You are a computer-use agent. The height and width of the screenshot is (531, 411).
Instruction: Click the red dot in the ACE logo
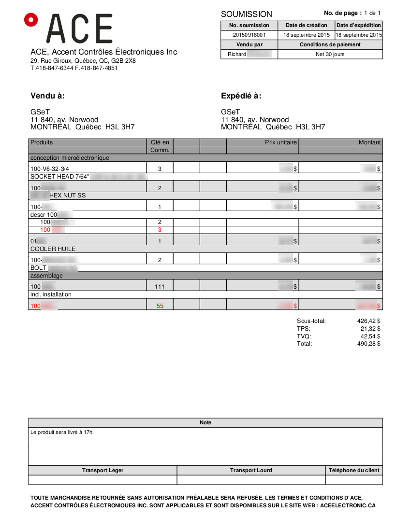pyautogui.click(x=31, y=19)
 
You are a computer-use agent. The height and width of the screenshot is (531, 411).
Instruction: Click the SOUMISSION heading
pyautogui.click(x=247, y=14)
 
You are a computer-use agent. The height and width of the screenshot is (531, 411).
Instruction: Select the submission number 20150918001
pyautogui.click(x=249, y=35)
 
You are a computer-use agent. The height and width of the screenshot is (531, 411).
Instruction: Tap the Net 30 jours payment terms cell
pyautogui.click(x=330, y=54)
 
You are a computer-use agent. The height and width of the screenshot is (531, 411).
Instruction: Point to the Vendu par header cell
pyautogui.click(x=249, y=44)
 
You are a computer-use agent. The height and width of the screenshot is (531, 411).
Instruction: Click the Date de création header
pyautogui.click(x=306, y=25)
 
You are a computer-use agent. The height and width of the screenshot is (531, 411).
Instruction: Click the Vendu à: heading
pyautogui.click(x=47, y=96)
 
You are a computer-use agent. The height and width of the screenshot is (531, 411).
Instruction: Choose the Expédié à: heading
pyautogui.click(x=241, y=96)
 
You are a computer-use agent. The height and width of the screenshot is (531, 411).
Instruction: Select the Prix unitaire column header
pyautogui.click(x=280, y=142)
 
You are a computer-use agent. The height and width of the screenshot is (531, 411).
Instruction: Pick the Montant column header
pyautogui.click(x=369, y=142)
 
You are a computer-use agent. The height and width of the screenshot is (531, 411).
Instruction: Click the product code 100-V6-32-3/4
pyautogui.click(x=50, y=168)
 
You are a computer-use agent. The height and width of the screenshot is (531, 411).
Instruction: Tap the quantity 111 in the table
pyautogui.click(x=160, y=286)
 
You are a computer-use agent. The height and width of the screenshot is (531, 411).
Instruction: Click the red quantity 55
pyautogui.click(x=160, y=306)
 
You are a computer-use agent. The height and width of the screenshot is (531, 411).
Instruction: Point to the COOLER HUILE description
pyautogui.click(x=53, y=249)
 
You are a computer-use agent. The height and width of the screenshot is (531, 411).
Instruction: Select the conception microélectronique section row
pyautogui.click(x=70, y=158)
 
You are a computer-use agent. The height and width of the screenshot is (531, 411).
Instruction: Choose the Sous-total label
pyautogui.click(x=311, y=321)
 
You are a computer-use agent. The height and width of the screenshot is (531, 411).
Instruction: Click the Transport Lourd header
pyautogui.click(x=251, y=470)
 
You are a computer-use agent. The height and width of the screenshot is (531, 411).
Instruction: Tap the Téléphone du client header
pyautogui.click(x=354, y=470)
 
